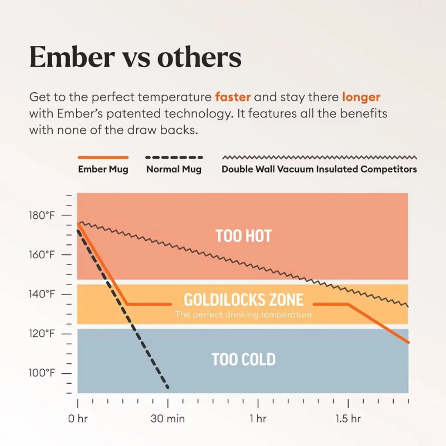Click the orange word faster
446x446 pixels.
[x=233, y=97]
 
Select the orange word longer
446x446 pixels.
[x=361, y=97]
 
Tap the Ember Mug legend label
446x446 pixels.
[x=103, y=169]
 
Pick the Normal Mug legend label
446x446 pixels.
[x=174, y=169]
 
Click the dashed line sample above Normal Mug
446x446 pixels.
[x=174, y=157]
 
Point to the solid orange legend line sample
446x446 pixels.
[x=103, y=157]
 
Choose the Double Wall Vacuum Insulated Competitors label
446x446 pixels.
[x=319, y=169]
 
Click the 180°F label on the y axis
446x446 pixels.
[x=43, y=216]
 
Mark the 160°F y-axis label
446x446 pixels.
[x=43, y=255]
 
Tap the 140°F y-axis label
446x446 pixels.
[x=43, y=294]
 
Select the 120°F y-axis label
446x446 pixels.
[x=43, y=334]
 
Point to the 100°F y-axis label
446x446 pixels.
[x=43, y=374]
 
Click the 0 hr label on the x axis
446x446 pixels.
[x=78, y=419]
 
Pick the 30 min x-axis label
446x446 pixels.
[x=168, y=419]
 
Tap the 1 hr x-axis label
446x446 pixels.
[x=258, y=419]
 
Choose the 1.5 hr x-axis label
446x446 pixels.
[x=348, y=419]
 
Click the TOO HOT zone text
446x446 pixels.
[x=243, y=236]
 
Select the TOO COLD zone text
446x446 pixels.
[x=243, y=360]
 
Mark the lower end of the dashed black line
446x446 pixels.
[x=168, y=388]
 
